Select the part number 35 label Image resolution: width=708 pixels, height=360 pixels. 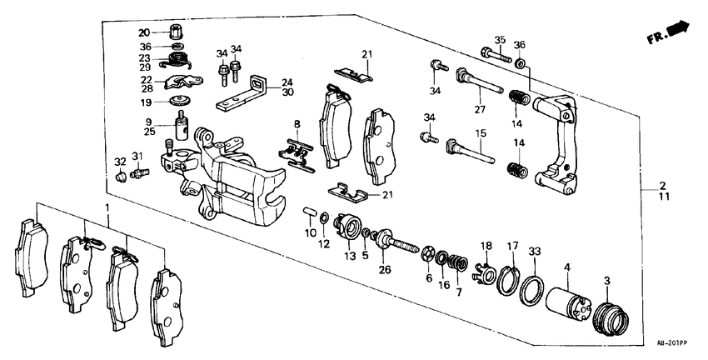[500, 39]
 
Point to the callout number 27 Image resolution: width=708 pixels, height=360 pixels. [479, 109]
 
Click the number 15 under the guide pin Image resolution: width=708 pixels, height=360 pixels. [480, 133]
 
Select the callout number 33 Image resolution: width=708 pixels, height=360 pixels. [534, 249]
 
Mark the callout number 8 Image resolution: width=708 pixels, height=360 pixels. [296, 124]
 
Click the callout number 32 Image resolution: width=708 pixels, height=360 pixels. [120, 161]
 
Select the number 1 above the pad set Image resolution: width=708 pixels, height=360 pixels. [106, 206]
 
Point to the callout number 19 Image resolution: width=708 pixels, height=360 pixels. [145, 102]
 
